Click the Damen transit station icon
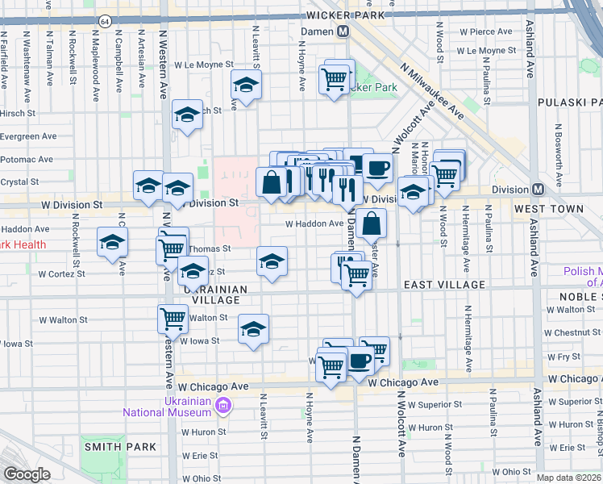tap(343, 31)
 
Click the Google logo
tap(27, 474)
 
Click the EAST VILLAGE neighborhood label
tap(444, 285)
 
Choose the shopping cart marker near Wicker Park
tap(334, 79)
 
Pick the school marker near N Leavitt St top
tap(246, 84)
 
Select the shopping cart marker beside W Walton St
tap(172, 319)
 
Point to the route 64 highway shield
tap(105, 19)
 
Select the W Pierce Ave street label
tap(485, 31)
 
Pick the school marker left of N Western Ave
tap(113, 240)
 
